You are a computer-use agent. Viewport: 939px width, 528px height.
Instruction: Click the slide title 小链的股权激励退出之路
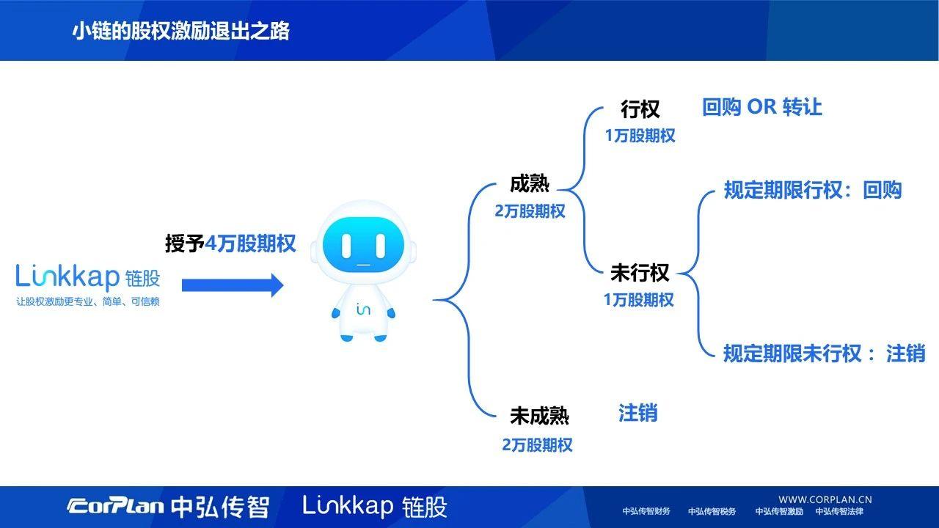click(180, 31)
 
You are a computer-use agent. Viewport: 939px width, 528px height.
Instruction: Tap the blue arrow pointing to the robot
click(232, 285)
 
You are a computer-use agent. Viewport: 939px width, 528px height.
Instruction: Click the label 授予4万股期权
click(230, 243)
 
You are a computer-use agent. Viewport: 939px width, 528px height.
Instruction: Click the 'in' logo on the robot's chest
click(363, 309)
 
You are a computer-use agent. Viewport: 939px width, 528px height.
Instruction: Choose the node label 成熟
click(530, 184)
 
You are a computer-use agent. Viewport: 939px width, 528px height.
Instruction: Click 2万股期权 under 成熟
click(530, 211)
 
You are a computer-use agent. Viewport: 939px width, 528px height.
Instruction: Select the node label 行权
click(640, 109)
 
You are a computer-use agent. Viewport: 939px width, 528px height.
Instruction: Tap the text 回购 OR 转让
click(762, 107)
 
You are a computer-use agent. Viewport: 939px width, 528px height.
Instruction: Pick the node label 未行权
click(640, 273)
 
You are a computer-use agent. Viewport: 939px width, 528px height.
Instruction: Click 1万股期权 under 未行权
click(639, 300)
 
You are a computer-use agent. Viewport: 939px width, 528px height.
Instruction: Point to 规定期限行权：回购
click(813, 191)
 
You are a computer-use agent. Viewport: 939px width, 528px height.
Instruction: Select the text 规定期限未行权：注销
click(824, 353)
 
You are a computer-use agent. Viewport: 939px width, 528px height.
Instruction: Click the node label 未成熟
click(539, 416)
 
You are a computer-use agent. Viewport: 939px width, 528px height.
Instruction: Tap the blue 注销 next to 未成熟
click(637, 414)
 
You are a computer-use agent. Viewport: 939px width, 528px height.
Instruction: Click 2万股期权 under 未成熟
click(537, 445)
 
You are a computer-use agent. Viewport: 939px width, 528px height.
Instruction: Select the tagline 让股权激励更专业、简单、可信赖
click(88, 301)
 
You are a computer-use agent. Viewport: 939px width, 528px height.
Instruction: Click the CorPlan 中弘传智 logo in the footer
click(168, 507)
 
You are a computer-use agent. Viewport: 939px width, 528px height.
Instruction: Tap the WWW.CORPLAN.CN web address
click(825, 499)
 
